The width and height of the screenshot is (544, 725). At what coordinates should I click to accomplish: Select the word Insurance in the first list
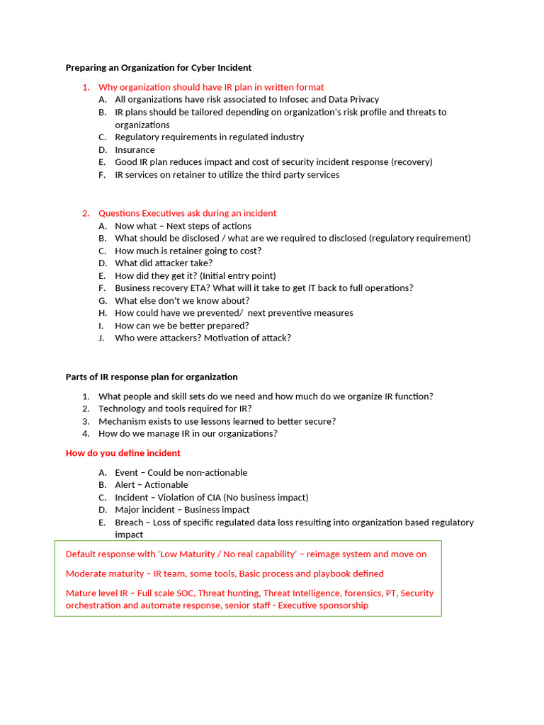tap(135, 149)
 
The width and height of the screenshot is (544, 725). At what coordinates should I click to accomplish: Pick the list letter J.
tap(102, 338)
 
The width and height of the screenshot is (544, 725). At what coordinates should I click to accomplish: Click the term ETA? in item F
tap(200, 288)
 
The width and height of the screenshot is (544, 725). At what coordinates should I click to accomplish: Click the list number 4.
tap(86, 433)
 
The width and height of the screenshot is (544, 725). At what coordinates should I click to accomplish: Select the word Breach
tap(130, 523)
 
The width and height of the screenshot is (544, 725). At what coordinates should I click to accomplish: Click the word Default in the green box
tap(81, 554)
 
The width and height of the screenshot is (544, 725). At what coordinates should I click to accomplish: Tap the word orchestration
tap(94, 605)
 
